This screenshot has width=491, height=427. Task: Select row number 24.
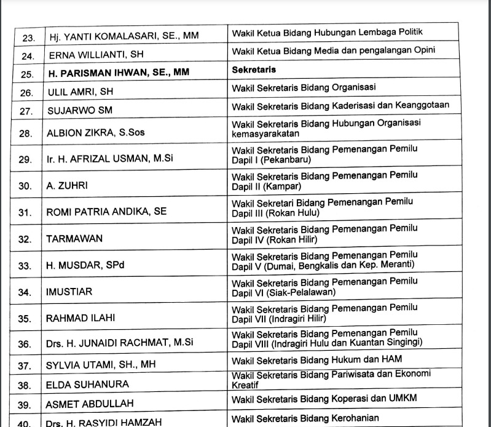tap(26, 55)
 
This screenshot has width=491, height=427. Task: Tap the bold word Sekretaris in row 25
tap(254, 70)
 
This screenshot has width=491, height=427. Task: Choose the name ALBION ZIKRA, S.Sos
tap(96, 133)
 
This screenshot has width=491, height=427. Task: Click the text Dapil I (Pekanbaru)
tap(270, 160)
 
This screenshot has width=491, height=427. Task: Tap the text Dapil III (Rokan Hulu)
tap(275, 213)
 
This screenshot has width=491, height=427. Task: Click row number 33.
tap(25, 266)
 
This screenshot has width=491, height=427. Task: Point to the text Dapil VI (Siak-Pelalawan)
tap(283, 292)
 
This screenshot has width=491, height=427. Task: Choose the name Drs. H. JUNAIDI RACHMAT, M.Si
tap(119, 343)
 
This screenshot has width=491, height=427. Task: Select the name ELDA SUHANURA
tap(87, 385)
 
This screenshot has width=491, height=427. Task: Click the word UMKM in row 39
tap(402, 398)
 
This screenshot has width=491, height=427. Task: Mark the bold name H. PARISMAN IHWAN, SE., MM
tap(119, 73)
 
